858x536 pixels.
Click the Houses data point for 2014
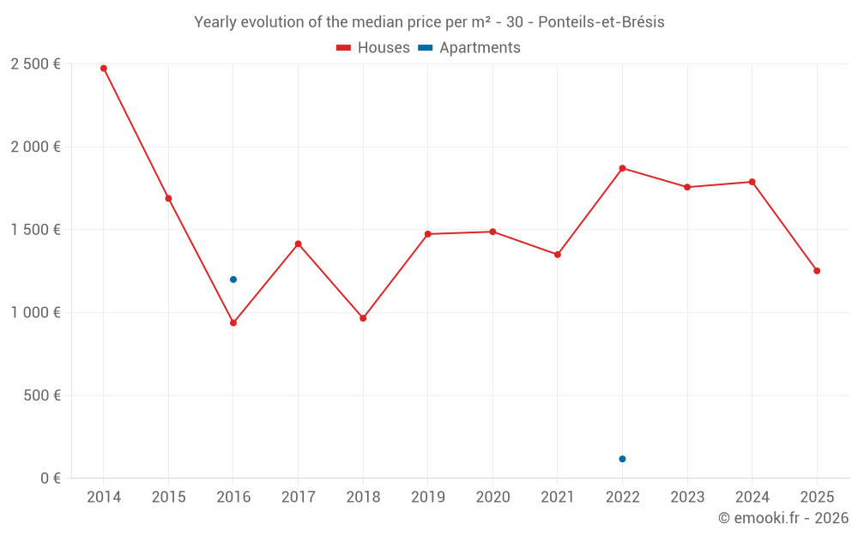104,68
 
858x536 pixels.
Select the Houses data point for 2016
233,322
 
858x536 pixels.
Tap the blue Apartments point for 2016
233,280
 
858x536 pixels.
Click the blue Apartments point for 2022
622,459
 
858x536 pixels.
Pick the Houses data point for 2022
622,168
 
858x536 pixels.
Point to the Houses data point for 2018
363,318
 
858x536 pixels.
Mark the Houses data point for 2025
817,271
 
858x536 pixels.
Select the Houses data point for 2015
168,198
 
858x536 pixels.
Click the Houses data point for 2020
492,232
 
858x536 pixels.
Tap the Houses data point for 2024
752,182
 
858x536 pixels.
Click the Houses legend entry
373,48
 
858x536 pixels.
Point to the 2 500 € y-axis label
35,64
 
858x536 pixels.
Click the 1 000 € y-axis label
35,313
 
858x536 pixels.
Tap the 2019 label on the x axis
427,497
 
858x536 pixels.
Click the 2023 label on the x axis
687,497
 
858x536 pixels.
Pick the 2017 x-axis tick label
298,497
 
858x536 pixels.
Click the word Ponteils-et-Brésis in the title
601,22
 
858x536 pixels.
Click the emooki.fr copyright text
783,518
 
